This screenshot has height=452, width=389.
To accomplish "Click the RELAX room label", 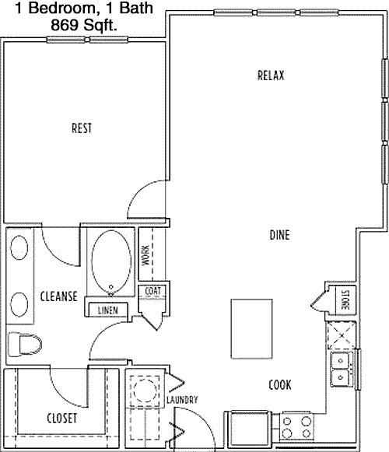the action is pos(271,75).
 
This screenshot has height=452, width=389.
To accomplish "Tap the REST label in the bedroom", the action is pos(82,128).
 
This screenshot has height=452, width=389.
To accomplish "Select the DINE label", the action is pos(280,235).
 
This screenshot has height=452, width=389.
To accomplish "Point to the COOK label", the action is pos(280,384).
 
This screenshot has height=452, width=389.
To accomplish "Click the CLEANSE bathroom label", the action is pos(59,296).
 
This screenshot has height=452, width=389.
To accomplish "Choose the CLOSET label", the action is pos(62,418).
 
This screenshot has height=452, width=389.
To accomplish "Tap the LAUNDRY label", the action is pos(182,400).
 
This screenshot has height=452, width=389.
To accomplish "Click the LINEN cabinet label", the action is pos(108,310).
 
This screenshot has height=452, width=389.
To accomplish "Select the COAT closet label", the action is pos(152,291).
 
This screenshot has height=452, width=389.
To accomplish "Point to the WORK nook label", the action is pos(145,255).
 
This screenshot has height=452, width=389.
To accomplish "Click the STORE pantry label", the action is pos(345,300).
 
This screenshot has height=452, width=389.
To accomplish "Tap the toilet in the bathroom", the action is pos(25,344).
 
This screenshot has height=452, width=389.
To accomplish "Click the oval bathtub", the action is pos(111,263).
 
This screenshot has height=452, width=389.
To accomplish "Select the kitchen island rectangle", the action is pos(251,329).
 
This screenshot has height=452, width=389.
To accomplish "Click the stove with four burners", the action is pos(296,427).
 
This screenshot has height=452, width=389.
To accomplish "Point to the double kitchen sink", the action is pos(341,370).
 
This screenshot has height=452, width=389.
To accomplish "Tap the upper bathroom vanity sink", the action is pos(19,247).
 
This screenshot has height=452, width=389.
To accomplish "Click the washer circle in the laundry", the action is pos(145,391).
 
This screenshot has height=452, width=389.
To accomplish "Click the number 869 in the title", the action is pos(65,25).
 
